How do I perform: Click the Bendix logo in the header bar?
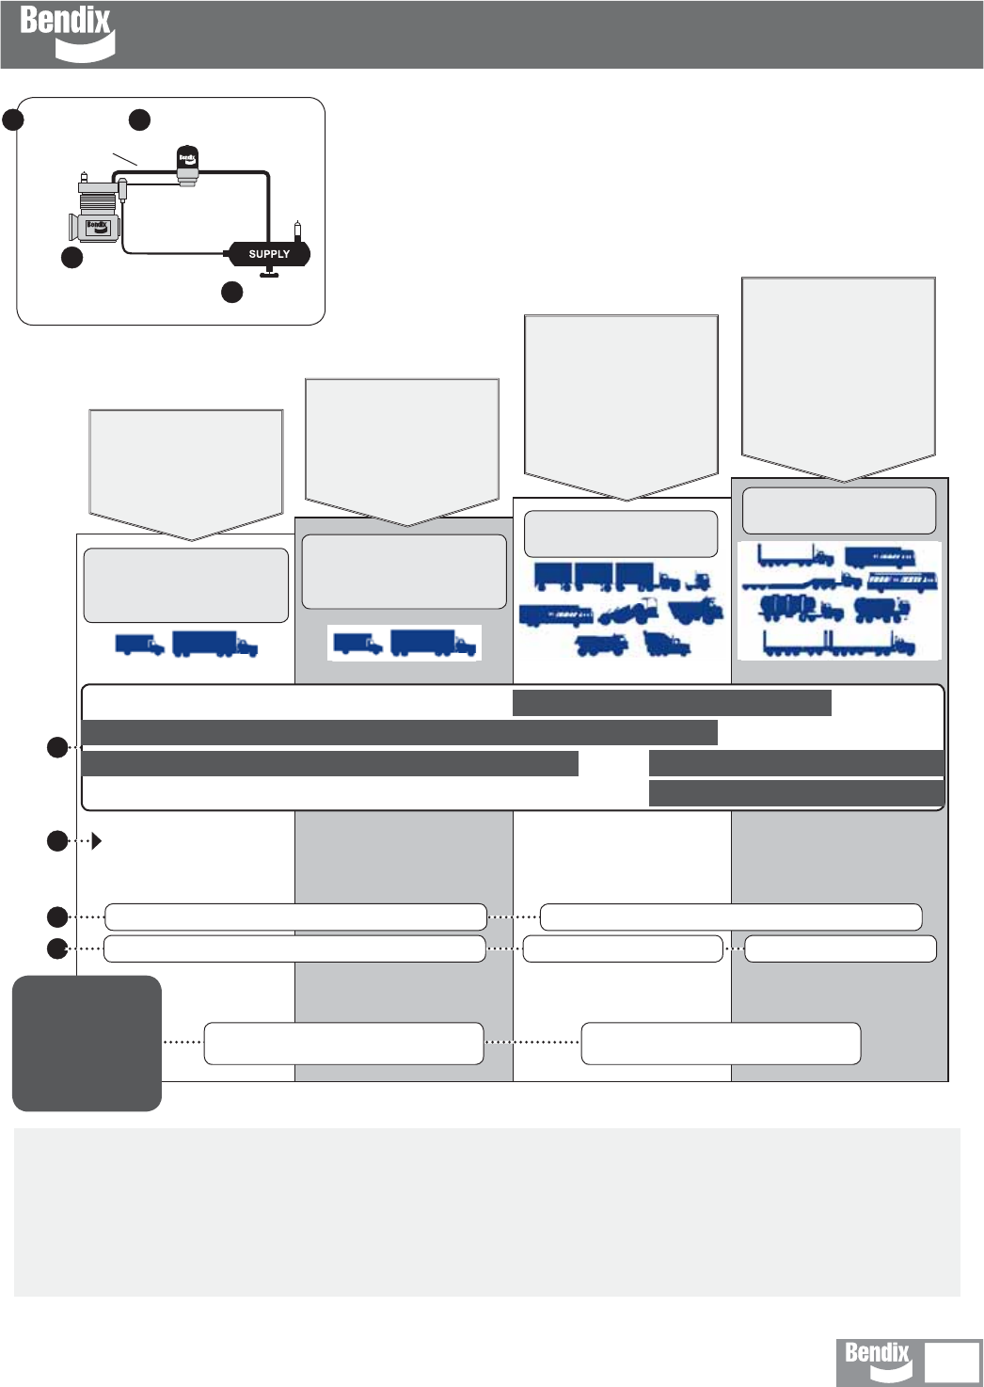click(x=66, y=32)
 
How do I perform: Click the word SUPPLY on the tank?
click(x=269, y=254)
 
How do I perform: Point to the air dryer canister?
click(x=187, y=166)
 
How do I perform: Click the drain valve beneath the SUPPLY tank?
click(x=269, y=273)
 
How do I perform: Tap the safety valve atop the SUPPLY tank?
click(x=298, y=230)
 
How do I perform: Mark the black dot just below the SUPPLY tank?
click(x=231, y=292)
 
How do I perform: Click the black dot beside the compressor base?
click(x=71, y=258)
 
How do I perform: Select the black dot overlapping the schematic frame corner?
click(x=12, y=120)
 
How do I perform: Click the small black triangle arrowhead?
click(x=98, y=841)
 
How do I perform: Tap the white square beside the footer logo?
click(x=951, y=1363)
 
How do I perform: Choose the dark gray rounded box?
click(x=87, y=1043)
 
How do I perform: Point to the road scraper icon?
click(x=627, y=612)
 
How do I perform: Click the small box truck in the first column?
click(x=139, y=645)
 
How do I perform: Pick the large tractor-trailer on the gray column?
click(x=434, y=643)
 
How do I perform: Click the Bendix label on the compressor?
click(x=98, y=226)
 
